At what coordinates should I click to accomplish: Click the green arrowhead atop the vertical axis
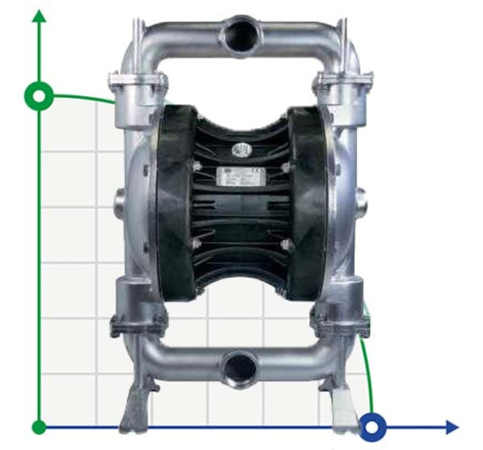click(39, 17)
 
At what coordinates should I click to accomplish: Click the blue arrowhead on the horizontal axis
click(450, 426)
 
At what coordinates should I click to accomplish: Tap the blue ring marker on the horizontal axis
click(372, 425)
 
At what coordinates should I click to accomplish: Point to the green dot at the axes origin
click(39, 426)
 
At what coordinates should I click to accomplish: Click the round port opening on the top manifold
click(241, 33)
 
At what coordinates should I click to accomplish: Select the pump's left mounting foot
click(138, 400)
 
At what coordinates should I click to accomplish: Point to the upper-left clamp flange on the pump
click(138, 85)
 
